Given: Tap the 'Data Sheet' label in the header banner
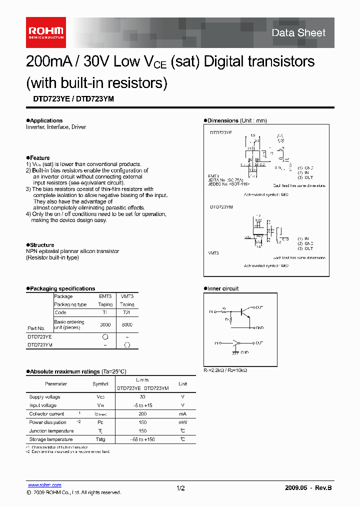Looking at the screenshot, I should point(298,33).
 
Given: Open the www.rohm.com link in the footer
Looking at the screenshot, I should point(44,485).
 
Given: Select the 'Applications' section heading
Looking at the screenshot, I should point(45,120).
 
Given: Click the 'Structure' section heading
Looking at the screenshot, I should point(41,245).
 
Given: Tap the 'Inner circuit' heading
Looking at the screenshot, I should point(222,288).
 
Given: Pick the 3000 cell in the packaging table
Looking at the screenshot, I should point(105,324).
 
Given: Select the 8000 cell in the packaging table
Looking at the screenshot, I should point(127,324).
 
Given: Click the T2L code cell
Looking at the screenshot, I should point(127,312).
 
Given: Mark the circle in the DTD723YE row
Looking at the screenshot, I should point(105,337).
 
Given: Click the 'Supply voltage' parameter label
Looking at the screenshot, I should point(43,396).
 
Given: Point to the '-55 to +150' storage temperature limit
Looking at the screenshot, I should point(142,439).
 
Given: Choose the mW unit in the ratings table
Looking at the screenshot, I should point(183,422).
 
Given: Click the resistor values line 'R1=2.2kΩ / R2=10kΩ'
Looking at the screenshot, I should point(225,370).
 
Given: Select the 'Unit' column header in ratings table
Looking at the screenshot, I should point(183,384).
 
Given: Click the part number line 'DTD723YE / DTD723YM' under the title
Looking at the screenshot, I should point(70,99).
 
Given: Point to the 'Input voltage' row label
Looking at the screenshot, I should point(43,405).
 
